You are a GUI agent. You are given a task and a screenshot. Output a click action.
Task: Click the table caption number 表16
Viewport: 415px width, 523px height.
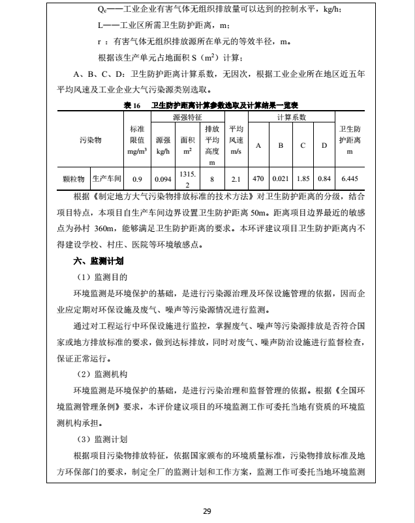coord(131,105)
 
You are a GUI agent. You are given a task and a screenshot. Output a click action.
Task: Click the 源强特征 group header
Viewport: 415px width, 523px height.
coord(187,117)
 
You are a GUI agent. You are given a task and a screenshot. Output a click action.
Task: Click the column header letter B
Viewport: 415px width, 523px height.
coord(281,145)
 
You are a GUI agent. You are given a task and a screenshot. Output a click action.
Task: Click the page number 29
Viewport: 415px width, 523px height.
coord(207,511)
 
